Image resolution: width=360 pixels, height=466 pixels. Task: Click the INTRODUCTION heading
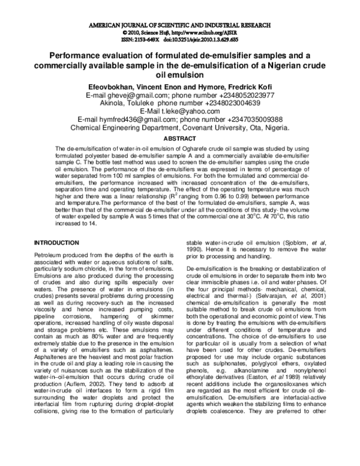[x=56, y=243]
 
